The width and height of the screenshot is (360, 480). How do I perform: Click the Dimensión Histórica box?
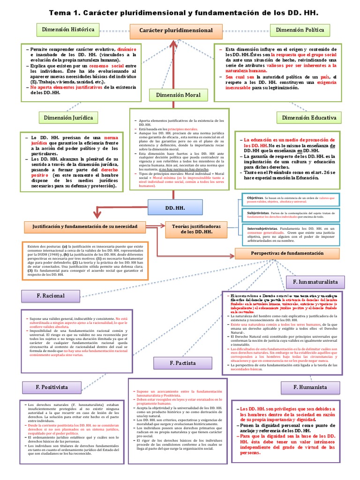tap(68, 30)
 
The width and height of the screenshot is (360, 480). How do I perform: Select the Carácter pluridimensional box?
tap(176, 30)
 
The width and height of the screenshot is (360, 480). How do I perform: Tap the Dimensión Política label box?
tap(300, 30)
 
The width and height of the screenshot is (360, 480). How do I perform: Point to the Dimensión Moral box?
tap(176, 95)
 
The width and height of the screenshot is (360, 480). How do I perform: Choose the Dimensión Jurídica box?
tap(68, 117)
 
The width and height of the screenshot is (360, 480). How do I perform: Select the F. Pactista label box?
tap(183, 363)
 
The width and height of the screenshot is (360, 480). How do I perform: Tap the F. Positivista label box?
tap(52, 387)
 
